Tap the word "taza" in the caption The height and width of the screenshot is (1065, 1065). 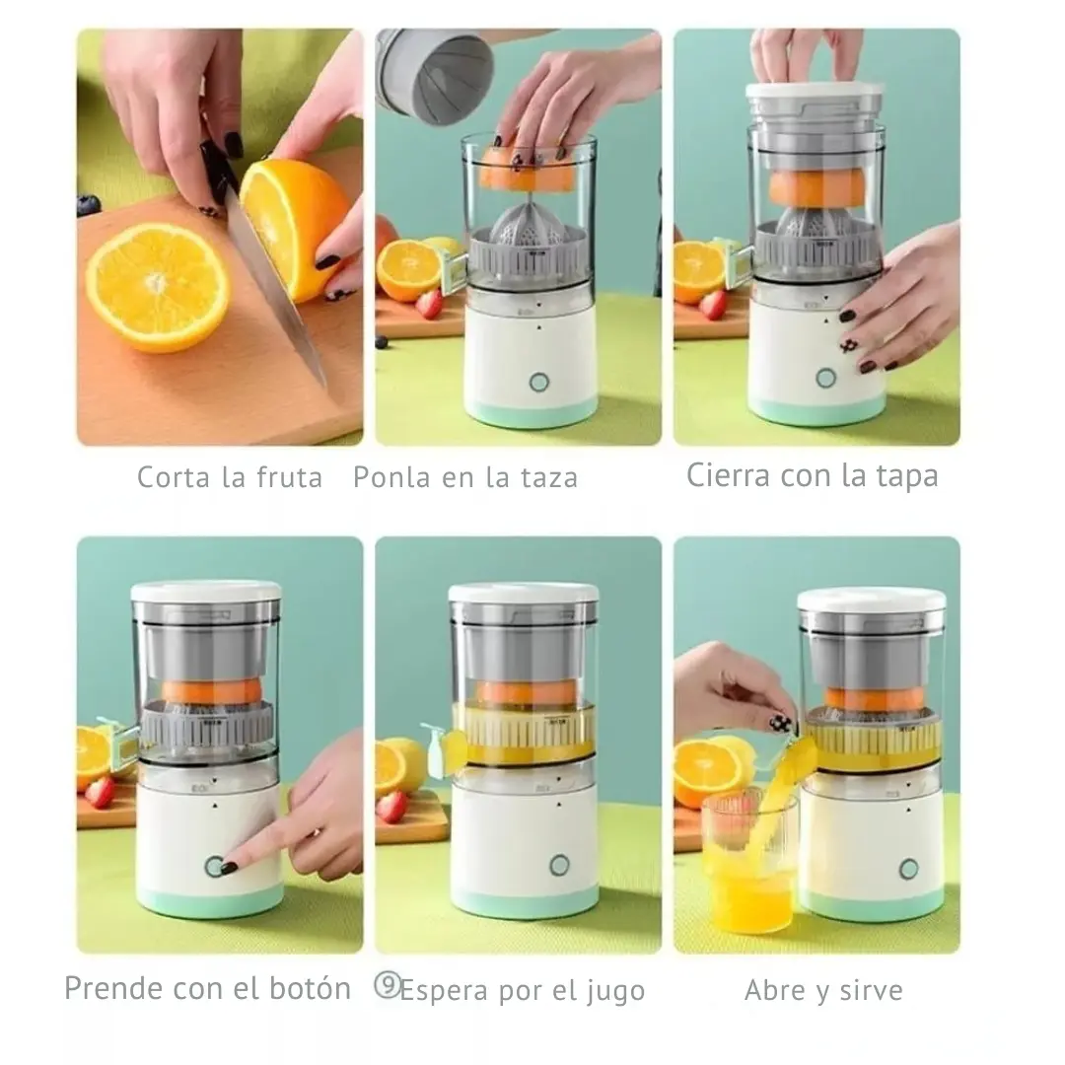coord(549,477)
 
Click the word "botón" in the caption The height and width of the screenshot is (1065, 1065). coord(310,988)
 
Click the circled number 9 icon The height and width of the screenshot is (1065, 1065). coord(388,985)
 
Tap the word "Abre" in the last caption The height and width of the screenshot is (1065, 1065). coord(776,990)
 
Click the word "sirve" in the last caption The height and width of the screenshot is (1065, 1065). coord(872,990)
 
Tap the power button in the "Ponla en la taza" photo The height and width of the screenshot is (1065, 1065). coord(539,382)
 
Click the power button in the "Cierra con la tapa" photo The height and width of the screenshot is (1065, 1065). coord(826,378)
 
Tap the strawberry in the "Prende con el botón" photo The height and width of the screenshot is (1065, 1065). coord(101,792)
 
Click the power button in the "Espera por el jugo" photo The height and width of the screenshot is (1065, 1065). coord(560,866)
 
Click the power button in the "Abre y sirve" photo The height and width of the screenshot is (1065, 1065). coord(909,868)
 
